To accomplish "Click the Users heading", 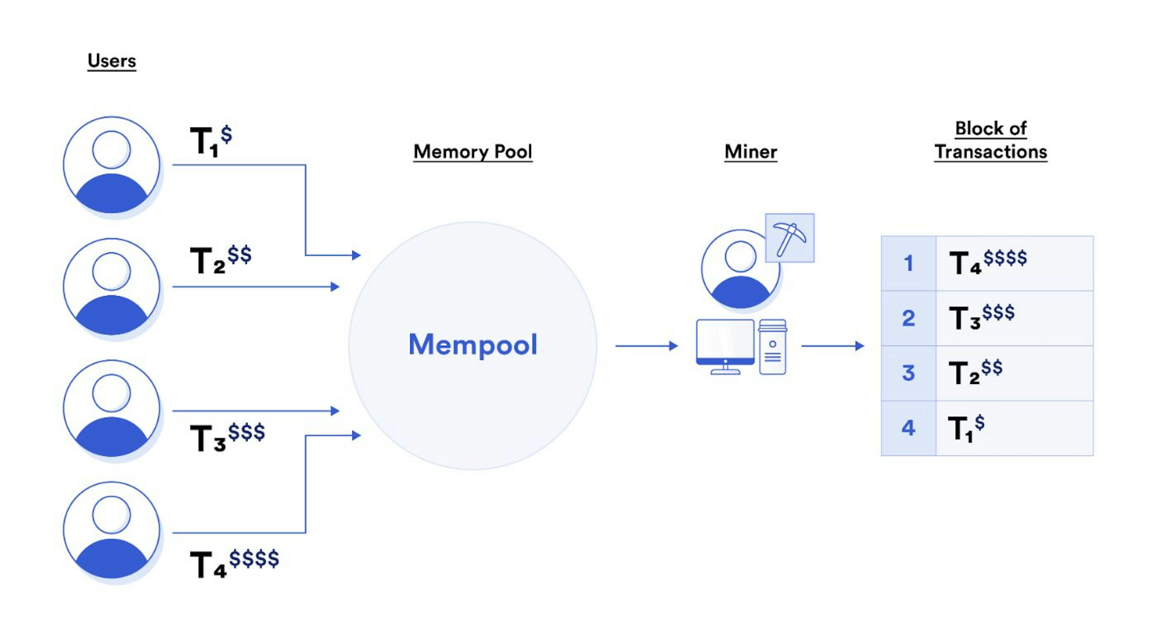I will [x=111, y=61].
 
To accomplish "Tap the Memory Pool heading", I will [x=472, y=151].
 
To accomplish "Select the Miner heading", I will [x=751, y=151].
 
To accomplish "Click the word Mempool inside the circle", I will [x=472, y=344].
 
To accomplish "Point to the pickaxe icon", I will [x=789, y=238].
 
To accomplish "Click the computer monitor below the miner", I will [x=725, y=344].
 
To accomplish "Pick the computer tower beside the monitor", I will [x=773, y=347].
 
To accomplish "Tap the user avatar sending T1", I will [x=111, y=165].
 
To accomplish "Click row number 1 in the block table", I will [x=908, y=263].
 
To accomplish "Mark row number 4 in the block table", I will [x=908, y=428].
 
